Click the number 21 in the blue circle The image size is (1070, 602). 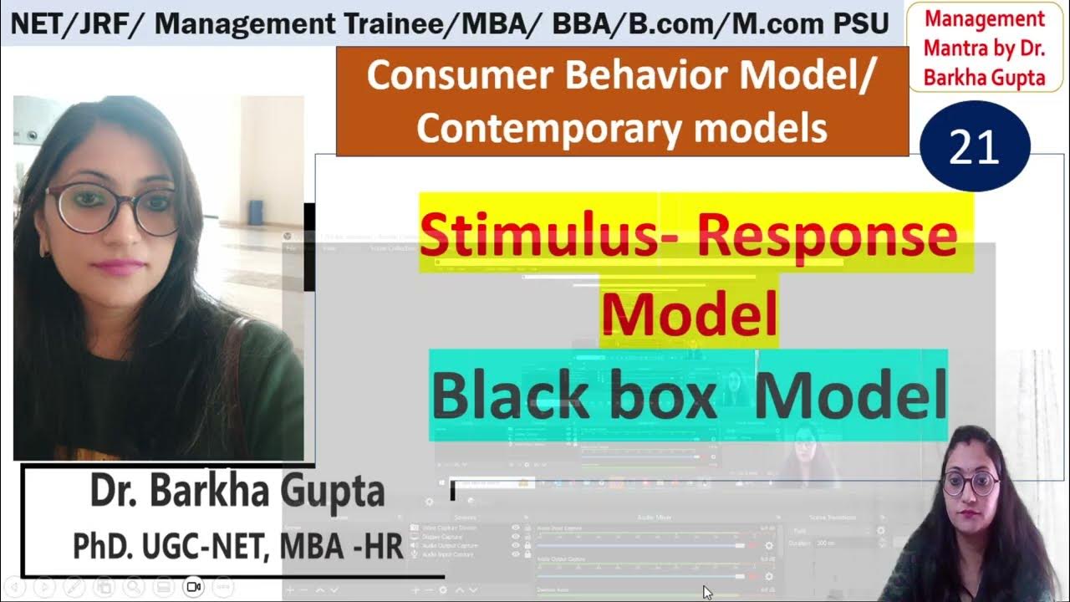point(975,147)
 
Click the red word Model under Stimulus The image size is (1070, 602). point(689,314)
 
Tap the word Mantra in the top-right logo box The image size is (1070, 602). point(951,48)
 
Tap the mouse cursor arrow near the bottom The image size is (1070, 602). point(707,592)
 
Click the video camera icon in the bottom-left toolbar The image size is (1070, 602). point(194,587)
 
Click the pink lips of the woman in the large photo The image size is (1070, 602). point(118,267)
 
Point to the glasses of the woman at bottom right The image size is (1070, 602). point(970,482)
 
